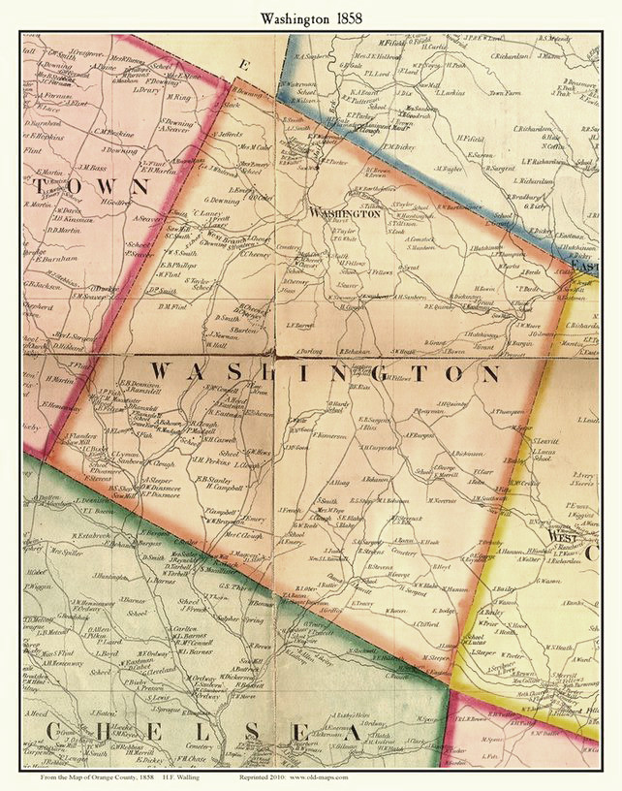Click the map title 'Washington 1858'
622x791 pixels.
(311, 17)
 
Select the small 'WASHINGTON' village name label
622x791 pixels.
(344, 214)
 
